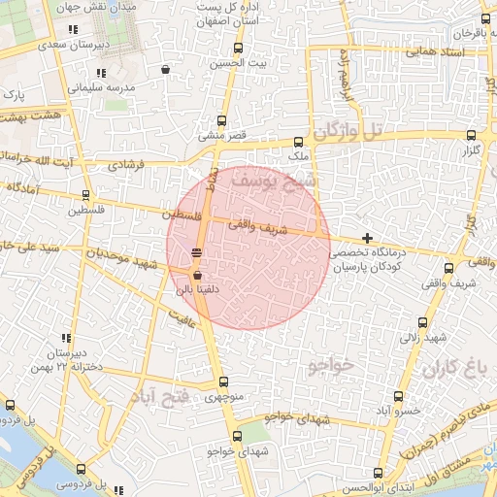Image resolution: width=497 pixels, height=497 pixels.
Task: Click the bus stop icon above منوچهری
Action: point(223,382)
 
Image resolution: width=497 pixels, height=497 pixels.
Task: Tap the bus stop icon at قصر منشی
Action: point(223,121)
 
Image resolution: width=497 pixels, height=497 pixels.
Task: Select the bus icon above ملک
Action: point(298,141)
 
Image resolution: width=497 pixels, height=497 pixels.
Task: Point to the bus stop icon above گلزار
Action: point(472,136)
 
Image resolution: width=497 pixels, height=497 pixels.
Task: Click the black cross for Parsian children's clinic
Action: point(367,238)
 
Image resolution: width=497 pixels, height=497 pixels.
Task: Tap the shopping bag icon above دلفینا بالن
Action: point(197,275)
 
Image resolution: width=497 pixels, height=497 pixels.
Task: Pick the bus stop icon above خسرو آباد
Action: point(398,396)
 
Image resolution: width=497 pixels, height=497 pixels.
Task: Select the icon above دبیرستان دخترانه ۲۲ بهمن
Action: point(67,336)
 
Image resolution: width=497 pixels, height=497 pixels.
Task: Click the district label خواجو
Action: point(332,366)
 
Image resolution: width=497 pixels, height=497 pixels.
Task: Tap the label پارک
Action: point(13,96)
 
